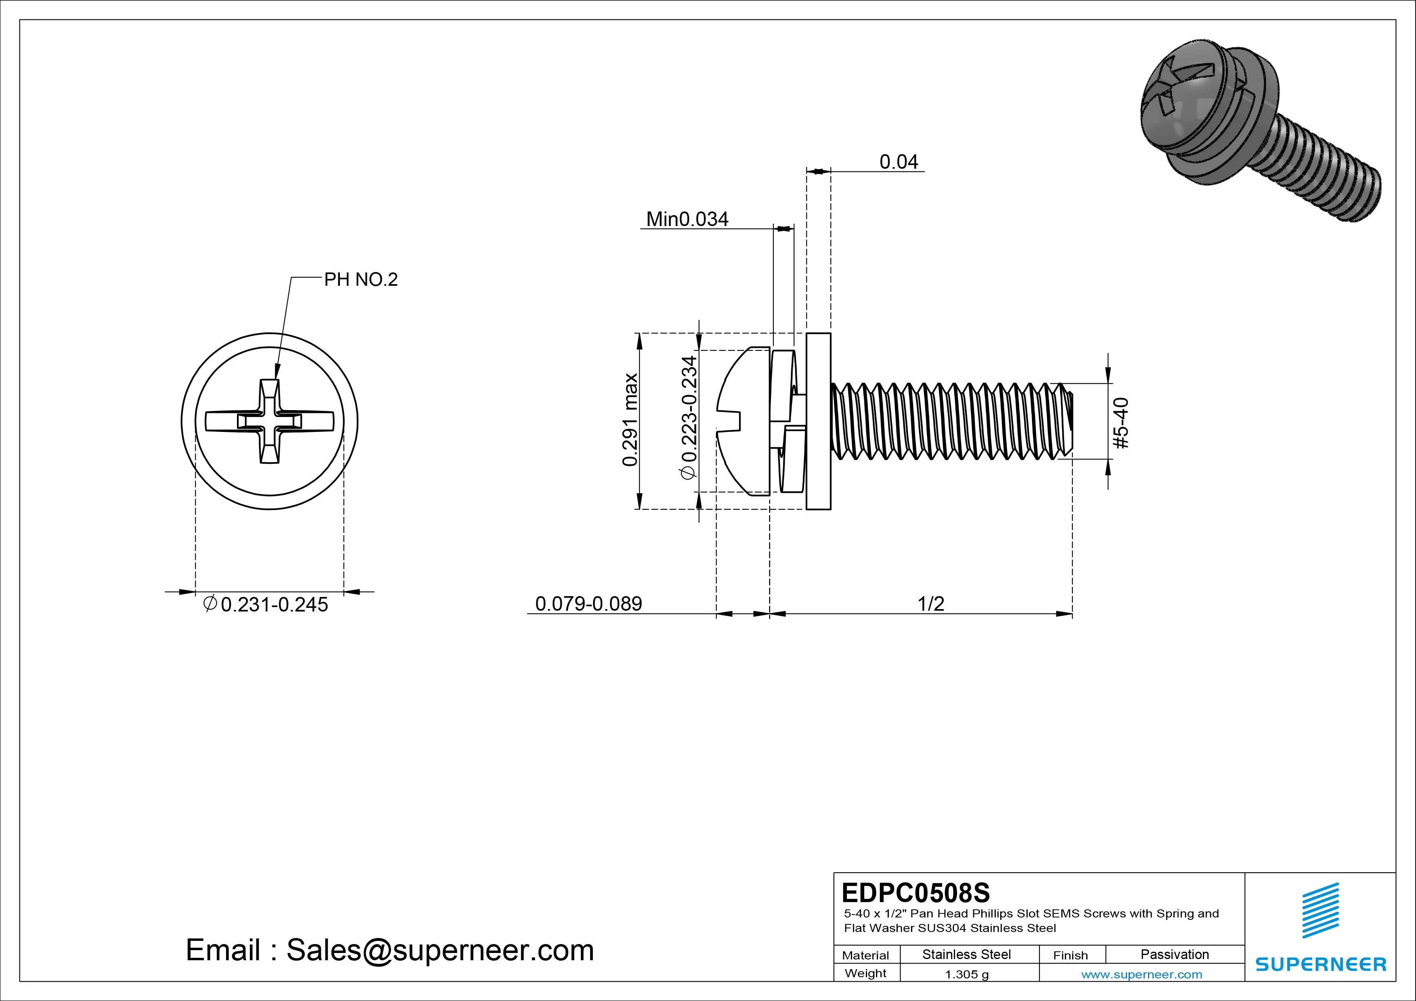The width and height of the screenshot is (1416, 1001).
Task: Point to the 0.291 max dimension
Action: [630, 419]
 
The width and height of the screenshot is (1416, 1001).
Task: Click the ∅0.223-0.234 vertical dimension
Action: [689, 417]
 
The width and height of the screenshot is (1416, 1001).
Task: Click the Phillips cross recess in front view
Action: [270, 421]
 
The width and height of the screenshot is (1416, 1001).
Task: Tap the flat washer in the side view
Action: [818, 421]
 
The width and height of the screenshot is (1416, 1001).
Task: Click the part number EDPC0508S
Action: [915, 892]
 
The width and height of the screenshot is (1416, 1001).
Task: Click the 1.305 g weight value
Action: [966, 974]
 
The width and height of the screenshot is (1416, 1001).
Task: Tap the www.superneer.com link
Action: [1142, 974]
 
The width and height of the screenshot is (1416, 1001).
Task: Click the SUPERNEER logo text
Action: [1320, 964]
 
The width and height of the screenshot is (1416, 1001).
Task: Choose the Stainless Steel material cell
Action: [966, 954]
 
